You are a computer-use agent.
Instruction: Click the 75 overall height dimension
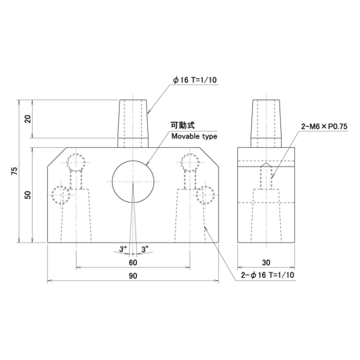pos(15,171)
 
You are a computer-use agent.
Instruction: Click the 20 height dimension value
pos(27,119)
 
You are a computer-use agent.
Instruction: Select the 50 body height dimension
pos(27,195)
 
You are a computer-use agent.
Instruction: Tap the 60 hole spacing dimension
pos(133,262)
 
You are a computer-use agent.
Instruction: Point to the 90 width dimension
pos(133,275)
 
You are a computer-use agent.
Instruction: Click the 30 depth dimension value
pos(266,262)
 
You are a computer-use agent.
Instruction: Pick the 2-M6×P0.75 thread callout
pos(324,127)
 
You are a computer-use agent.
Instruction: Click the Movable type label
pos(194,136)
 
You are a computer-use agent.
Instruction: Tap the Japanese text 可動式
pos(182,125)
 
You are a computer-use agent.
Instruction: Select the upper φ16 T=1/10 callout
pos(195,80)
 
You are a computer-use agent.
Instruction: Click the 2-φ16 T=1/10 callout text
pos(268,275)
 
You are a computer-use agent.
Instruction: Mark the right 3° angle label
pos(145,249)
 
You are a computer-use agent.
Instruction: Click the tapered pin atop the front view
pos(133,123)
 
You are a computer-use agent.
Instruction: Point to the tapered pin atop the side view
pos(266,123)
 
